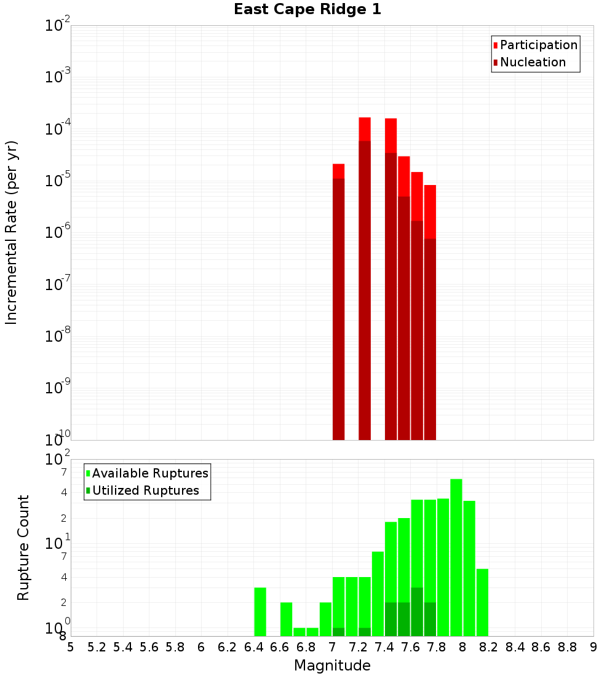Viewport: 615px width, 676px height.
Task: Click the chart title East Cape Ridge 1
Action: (307, 10)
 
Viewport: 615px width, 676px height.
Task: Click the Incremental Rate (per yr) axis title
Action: (12, 232)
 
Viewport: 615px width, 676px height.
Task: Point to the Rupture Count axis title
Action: (23, 548)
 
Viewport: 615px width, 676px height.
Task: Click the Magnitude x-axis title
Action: (332, 666)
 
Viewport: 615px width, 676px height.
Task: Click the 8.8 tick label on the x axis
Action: (567, 647)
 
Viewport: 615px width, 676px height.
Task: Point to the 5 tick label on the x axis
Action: (71, 647)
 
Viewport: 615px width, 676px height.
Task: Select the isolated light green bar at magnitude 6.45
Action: (260, 611)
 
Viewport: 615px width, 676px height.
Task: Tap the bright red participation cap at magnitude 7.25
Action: (365, 128)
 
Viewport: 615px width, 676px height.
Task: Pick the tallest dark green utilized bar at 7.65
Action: (417, 611)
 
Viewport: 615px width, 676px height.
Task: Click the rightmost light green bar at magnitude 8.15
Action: (482, 602)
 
